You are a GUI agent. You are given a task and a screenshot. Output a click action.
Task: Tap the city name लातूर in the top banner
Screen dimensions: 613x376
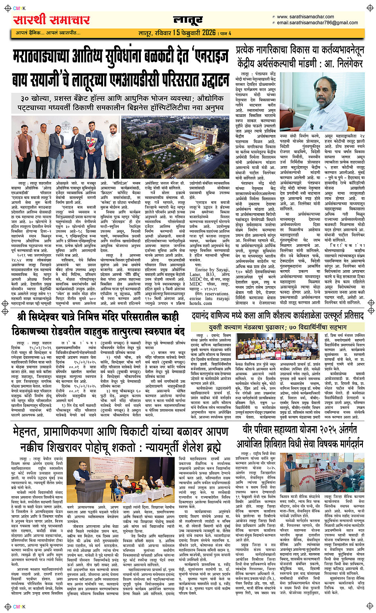pyautogui.click(x=188, y=20)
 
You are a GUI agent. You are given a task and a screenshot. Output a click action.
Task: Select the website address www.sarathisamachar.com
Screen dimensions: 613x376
pyautogui.click(x=305, y=17)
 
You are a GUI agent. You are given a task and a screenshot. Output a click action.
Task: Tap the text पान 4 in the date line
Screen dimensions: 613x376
pyautogui.click(x=226, y=33)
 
